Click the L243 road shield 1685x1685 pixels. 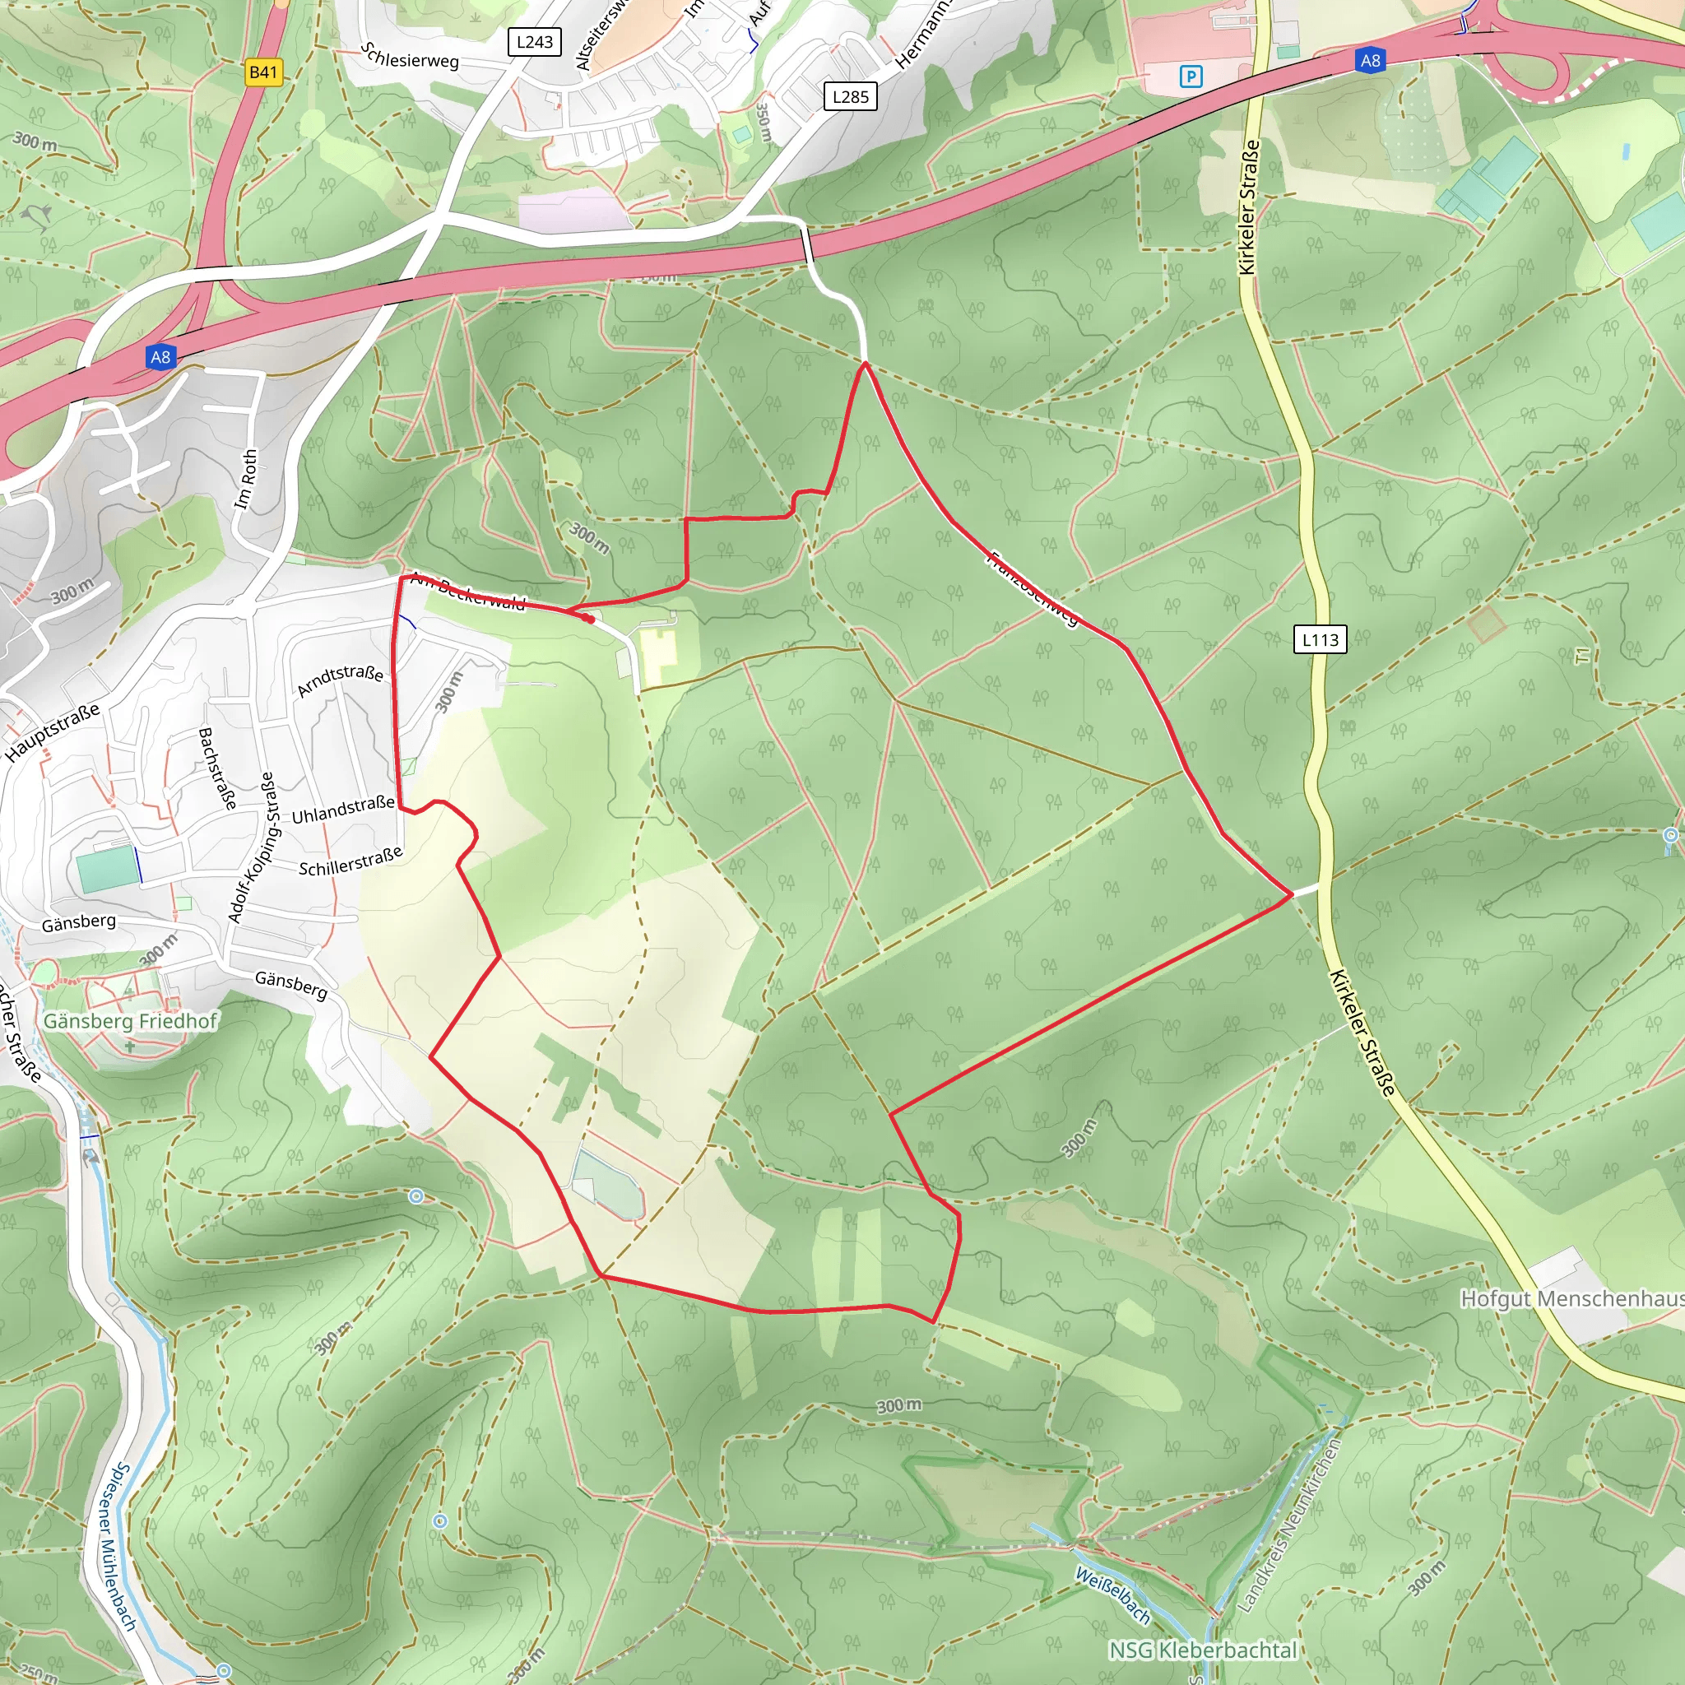click(534, 42)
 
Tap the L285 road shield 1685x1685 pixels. click(851, 97)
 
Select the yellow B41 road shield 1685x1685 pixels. click(263, 72)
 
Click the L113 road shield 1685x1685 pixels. click(1320, 639)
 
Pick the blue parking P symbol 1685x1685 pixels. click(1191, 77)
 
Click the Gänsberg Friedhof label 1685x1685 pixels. click(130, 1020)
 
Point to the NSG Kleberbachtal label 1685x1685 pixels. click(1203, 1650)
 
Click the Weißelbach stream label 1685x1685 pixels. click(1112, 1595)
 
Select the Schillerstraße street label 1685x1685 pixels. click(350, 861)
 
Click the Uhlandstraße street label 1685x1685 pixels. click(343, 810)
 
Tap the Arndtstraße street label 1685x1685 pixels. click(340, 680)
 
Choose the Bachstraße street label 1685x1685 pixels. click(217, 768)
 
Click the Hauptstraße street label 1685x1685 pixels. click(53, 732)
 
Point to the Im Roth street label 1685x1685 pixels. click(247, 480)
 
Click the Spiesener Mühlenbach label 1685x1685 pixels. click(114, 1548)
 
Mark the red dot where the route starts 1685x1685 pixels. click(591, 620)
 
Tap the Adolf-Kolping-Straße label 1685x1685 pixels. click(252, 847)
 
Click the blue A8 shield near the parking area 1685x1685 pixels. click(1370, 60)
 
